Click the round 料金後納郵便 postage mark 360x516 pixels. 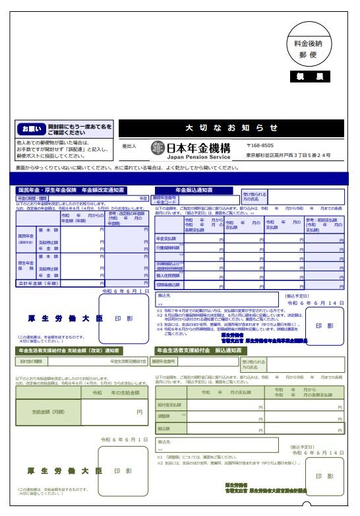pos(313,49)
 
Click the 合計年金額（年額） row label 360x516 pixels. pos(38,282)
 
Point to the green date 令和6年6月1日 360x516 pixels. pos(125,439)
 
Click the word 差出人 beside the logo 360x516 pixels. pos(129,146)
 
